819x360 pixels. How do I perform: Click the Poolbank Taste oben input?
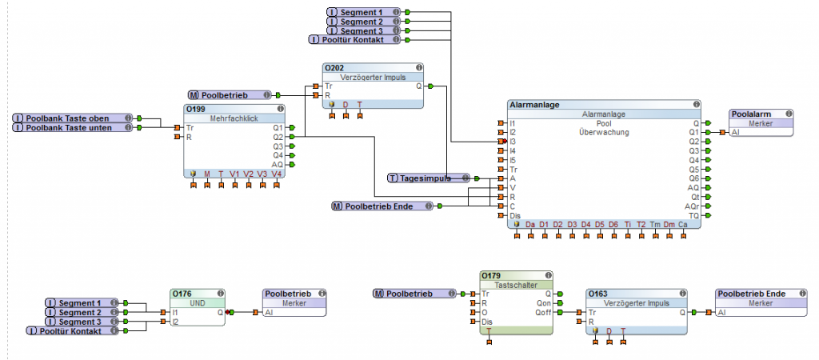[72, 118]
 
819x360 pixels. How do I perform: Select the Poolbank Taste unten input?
[72, 127]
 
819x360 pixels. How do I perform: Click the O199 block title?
[196, 109]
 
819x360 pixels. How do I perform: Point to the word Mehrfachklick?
[234, 118]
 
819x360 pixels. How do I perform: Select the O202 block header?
[334, 68]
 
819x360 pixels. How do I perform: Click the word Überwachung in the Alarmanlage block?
[604, 132]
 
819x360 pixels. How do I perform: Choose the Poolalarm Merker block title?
[751, 114]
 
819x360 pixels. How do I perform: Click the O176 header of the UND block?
[182, 294]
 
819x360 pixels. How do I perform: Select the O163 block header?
[598, 294]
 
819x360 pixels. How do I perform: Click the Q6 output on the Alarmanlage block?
[694, 178]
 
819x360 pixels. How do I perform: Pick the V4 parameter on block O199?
[277, 174]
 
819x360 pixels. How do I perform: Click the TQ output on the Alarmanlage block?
[694, 216]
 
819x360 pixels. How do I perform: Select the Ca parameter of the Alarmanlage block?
[682, 224]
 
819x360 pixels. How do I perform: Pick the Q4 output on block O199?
[278, 155]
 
